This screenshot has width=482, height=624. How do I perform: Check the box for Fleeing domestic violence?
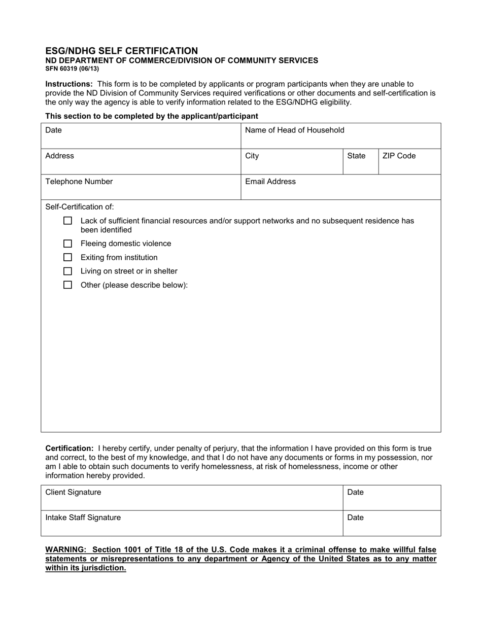pyautogui.click(x=67, y=244)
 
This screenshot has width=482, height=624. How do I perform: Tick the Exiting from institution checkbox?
pyautogui.click(x=67, y=258)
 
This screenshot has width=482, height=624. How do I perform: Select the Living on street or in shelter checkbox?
pyautogui.click(x=67, y=271)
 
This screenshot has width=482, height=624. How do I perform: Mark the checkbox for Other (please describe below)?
pyautogui.click(x=67, y=285)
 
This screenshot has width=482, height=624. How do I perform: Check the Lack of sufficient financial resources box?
pyautogui.click(x=67, y=221)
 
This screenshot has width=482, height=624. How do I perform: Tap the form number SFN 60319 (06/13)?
pyautogui.click(x=72, y=68)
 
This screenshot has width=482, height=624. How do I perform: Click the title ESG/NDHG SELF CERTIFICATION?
pyautogui.click(x=122, y=51)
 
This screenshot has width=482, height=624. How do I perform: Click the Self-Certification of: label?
pyautogui.click(x=80, y=207)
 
